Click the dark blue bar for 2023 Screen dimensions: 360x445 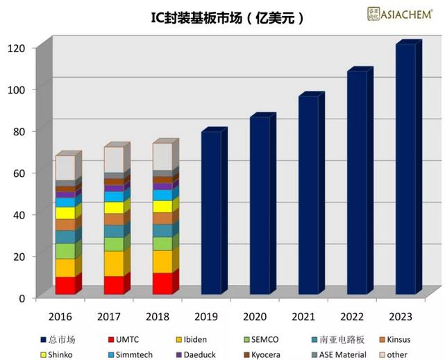coord(405,170)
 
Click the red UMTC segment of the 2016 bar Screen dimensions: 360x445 coord(65,286)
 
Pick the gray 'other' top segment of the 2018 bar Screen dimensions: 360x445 coord(162,156)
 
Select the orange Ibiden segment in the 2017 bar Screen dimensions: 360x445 coord(114,264)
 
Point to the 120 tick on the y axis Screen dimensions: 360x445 coord(17,48)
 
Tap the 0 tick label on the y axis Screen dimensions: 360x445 coord(22,298)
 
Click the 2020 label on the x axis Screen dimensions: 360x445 coord(255,316)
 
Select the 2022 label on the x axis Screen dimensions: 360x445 coord(352,316)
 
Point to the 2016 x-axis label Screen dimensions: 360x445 coord(60,316)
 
